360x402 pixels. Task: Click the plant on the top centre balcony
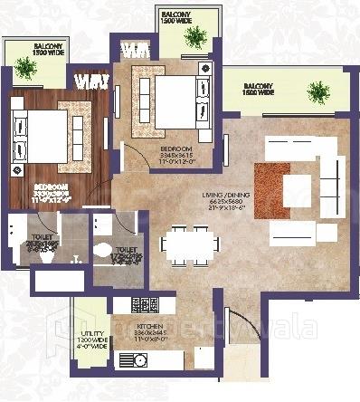[193, 37]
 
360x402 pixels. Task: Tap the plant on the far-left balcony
[22, 63]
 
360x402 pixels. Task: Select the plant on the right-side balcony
[317, 91]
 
